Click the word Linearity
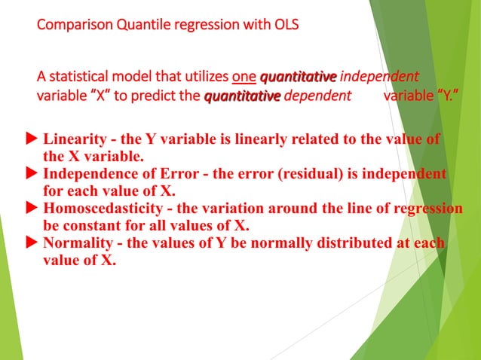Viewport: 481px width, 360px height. [x=72, y=140]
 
